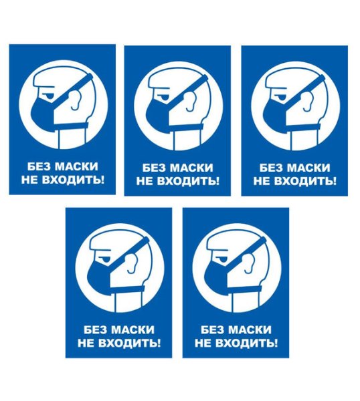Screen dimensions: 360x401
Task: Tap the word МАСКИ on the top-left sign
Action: pos(77,166)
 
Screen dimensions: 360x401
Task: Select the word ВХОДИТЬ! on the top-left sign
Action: pos(73,180)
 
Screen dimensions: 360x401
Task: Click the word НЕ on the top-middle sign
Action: pos(145,181)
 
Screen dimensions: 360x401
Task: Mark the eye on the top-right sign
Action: pos(281,97)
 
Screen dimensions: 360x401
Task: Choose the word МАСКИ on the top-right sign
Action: pos(308,168)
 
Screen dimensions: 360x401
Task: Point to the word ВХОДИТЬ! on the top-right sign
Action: pos(305,181)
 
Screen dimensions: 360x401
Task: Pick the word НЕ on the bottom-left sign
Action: pos(86,344)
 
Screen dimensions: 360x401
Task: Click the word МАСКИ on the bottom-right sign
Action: pos(250,330)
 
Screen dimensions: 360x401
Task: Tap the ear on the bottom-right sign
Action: pos(250,263)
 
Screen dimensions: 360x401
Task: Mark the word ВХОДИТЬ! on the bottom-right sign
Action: pos(247,344)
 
